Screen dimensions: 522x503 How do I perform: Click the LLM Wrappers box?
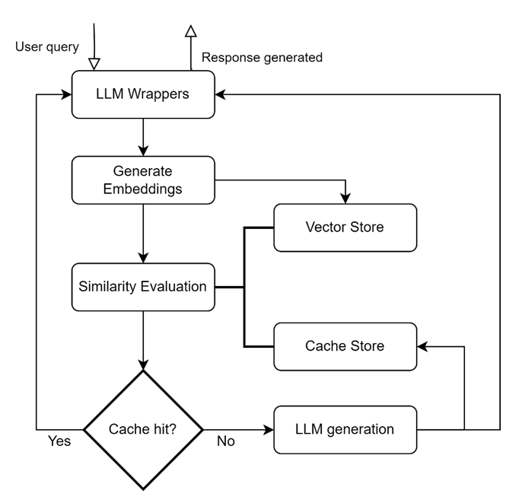point(143,94)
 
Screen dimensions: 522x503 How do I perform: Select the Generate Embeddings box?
point(143,180)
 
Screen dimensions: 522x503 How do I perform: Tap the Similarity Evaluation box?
point(143,287)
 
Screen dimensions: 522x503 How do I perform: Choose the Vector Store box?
point(345,228)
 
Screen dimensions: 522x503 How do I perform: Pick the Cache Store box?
point(345,346)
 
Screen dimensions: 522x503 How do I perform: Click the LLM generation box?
point(345,430)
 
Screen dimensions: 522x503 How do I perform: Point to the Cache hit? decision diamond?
point(143,430)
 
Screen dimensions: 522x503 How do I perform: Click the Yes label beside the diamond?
point(59,441)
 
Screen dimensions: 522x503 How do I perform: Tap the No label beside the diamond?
point(226,441)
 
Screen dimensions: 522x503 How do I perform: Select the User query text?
point(47,47)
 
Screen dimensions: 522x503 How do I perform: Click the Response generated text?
point(262,58)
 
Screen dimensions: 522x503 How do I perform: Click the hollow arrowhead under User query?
point(94,64)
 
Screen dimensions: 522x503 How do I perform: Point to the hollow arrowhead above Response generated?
point(191,30)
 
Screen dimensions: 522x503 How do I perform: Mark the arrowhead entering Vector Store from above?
point(345,199)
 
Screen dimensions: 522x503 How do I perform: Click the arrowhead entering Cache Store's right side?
point(422,346)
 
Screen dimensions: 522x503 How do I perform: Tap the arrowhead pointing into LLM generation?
point(269,430)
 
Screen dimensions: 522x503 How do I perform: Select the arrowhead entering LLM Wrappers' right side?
point(221,94)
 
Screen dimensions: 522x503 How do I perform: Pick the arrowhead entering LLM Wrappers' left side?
point(66,94)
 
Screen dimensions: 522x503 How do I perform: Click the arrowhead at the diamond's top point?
point(143,365)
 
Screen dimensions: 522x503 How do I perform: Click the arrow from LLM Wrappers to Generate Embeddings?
point(143,137)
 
